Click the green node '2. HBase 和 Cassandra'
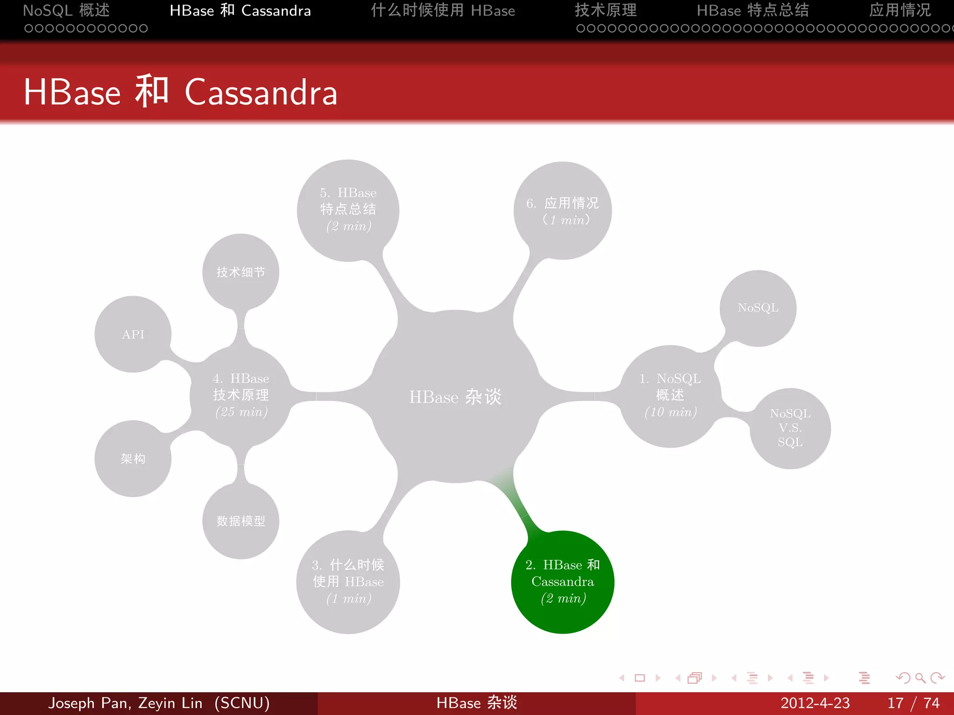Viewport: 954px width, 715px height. point(562,582)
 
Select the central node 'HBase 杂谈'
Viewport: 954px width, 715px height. point(455,397)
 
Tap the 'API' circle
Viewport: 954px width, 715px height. point(133,334)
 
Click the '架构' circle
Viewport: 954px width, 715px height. point(133,459)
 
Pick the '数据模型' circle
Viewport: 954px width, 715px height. point(240,521)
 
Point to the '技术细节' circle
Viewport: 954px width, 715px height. point(240,272)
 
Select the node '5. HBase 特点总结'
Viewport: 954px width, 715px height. point(348,210)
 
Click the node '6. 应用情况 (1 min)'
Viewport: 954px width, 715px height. point(562,211)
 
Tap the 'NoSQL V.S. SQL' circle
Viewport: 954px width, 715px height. point(790,428)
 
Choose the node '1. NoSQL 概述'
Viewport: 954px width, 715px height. point(670,396)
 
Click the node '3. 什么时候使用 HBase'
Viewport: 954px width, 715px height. point(348,582)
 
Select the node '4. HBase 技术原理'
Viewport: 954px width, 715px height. point(240,396)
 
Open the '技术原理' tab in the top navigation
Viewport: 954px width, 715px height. point(606,10)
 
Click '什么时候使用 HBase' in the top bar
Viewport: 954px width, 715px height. point(443,10)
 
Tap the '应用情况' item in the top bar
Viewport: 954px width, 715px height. point(899,10)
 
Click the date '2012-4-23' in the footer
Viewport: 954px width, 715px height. point(815,703)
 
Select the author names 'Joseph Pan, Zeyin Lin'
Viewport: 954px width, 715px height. point(126,703)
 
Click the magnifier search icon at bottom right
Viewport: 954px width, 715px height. point(920,678)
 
